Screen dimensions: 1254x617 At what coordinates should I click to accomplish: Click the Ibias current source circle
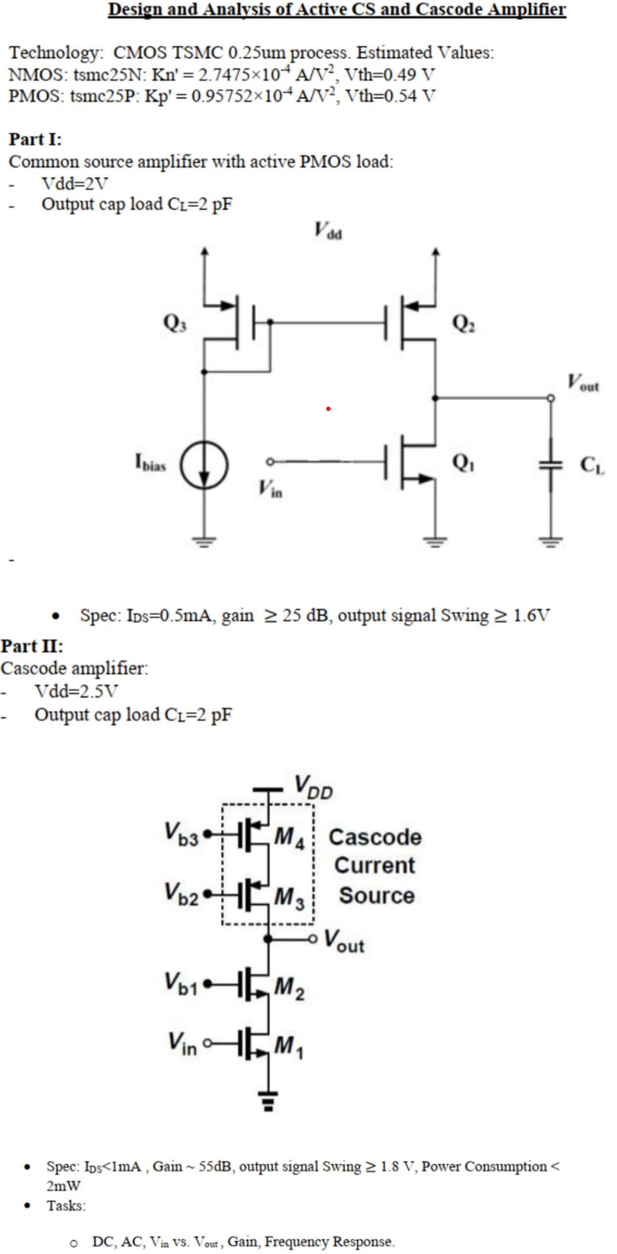click(x=204, y=465)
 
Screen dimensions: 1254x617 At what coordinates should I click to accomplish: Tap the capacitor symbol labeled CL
click(x=550, y=465)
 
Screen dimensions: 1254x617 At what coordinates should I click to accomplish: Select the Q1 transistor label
click(x=463, y=462)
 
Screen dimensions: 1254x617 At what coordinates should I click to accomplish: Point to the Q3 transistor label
click(x=174, y=323)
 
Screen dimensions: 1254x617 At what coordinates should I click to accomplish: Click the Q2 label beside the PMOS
click(x=463, y=324)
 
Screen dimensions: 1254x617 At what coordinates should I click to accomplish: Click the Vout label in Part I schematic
click(x=583, y=382)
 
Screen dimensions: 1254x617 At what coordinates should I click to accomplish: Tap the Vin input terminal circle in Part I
click(x=269, y=461)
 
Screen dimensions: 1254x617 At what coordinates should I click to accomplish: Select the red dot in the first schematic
click(x=328, y=408)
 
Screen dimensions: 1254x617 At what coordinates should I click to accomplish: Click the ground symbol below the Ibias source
click(x=204, y=541)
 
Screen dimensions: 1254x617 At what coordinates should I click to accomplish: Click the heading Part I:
click(x=35, y=139)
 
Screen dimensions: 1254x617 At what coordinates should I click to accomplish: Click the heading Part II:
click(x=32, y=646)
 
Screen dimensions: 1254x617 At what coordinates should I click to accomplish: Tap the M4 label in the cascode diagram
click(x=289, y=837)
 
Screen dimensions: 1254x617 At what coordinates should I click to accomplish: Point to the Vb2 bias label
click(x=181, y=894)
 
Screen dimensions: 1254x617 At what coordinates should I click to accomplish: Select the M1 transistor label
click(x=289, y=1046)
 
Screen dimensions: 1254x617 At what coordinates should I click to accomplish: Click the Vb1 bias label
click(x=181, y=983)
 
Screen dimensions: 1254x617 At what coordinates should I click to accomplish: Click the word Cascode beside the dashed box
click(x=375, y=837)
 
